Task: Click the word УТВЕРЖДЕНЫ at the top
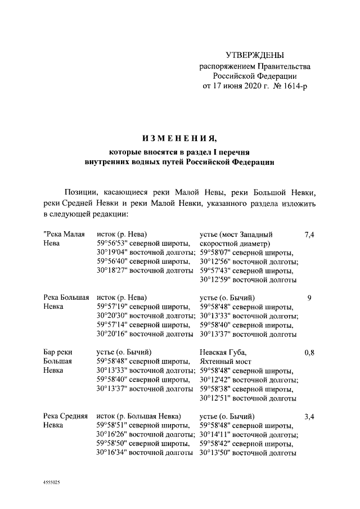pyautogui.click(x=255, y=55)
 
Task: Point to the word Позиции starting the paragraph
pyautogui.click(x=83, y=192)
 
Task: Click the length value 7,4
pyautogui.click(x=309, y=235)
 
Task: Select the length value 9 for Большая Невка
pyautogui.click(x=309, y=298)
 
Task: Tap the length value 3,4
pyautogui.click(x=309, y=417)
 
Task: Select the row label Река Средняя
pyautogui.click(x=65, y=417)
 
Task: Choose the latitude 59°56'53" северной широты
pyautogui.click(x=143, y=244)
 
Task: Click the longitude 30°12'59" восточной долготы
pyautogui.click(x=248, y=280)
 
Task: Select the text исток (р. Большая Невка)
pyautogui.click(x=138, y=417)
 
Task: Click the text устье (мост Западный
pyautogui.click(x=236, y=235)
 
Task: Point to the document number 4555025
pyautogui.click(x=52, y=483)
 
